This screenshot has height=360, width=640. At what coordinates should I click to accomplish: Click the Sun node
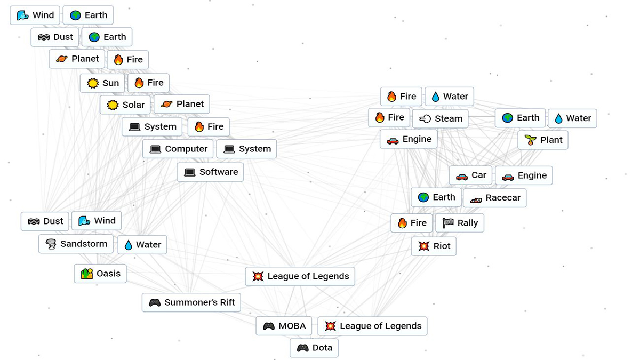pyautogui.click(x=102, y=83)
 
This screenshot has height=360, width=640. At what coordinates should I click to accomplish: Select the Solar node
pyautogui.click(x=125, y=105)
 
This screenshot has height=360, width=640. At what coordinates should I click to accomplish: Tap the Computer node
pyautogui.click(x=178, y=149)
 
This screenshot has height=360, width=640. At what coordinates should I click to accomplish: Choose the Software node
pyautogui.click(x=211, y=172)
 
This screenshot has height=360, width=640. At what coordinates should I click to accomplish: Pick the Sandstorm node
pyautogui.click(x=77, y=244)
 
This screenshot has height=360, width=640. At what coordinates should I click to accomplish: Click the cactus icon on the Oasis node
pyautogui.click(x=87, y=274)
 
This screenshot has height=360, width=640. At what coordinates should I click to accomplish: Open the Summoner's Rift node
pyautogui.click(x=191, y=302)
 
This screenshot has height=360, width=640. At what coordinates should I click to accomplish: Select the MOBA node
pyautogui.click(x=284, y=326)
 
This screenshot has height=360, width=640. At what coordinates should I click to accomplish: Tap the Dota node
pyautogui.click(x=314, y=348)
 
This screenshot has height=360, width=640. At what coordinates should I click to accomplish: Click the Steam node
pyautogui.click(x=441, y=119)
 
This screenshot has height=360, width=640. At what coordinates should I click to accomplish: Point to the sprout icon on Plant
pyautogui.click(x=530, y=140)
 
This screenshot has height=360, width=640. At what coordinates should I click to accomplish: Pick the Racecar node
pyautogui.click(x=495, y=198)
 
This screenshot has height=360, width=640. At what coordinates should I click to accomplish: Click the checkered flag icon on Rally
pyautogui.click(x=448, y=223)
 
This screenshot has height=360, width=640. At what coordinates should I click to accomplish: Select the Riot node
pyautogui.click(x=434, y=246)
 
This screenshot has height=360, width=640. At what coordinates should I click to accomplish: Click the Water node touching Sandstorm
pyautogui.click(x=142, y=245)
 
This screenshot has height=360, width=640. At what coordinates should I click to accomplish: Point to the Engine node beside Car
pyautogui.click(x=524, y=175)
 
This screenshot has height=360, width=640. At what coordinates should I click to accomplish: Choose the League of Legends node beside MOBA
pyautogui.click(x=372, y=326)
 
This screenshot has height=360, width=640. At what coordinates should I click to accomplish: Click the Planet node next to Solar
pyautogui.click(x=182, y=105)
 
